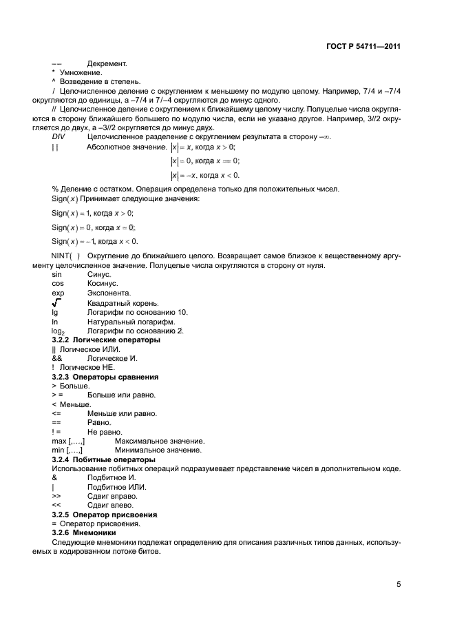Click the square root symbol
tap(56, 302)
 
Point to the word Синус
tap(99, 274)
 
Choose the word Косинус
tap(103, 284)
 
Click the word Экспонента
tap(107, 293)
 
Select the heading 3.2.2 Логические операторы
tap(106, 340)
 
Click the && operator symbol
tap(57, 358)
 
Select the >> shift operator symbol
tap(56, 496)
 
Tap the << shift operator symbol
tap(56, 505)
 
